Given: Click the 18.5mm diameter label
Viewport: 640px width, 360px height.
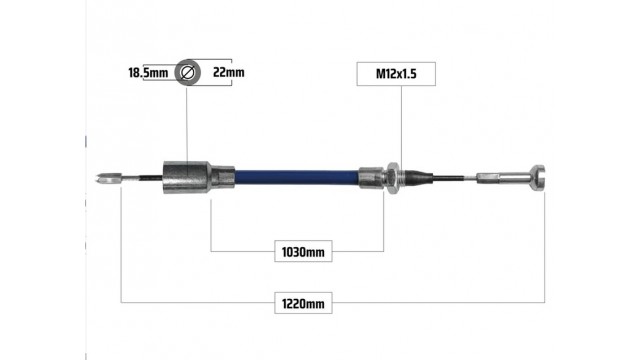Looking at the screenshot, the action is pyautogui.click(x=148, y=73).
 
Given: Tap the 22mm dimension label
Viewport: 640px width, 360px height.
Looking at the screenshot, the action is pyautogui.click(x=229, y=72).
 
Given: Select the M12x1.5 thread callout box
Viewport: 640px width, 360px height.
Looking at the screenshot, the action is pyautogui.click(x=396, y=74).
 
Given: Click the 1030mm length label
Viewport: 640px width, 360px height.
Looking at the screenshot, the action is pyautogui.click(x=303, y=251).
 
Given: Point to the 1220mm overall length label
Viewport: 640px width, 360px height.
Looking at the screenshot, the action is pyautogui.click(x=303, y=303).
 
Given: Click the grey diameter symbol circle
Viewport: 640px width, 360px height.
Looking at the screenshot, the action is pyautogui.click(x=187, y=72).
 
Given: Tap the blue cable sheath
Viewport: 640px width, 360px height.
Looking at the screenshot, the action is pyautogui.click(x=297, y=177).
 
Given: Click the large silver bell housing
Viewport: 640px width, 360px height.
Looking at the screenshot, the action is pyautogui.click(x=187, y=177).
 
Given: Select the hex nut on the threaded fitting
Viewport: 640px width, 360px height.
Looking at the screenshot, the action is pyautogui.click(x=393, y=178).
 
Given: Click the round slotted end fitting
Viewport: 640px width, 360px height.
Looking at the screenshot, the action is pyautogui.click(x=538, y=178).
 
